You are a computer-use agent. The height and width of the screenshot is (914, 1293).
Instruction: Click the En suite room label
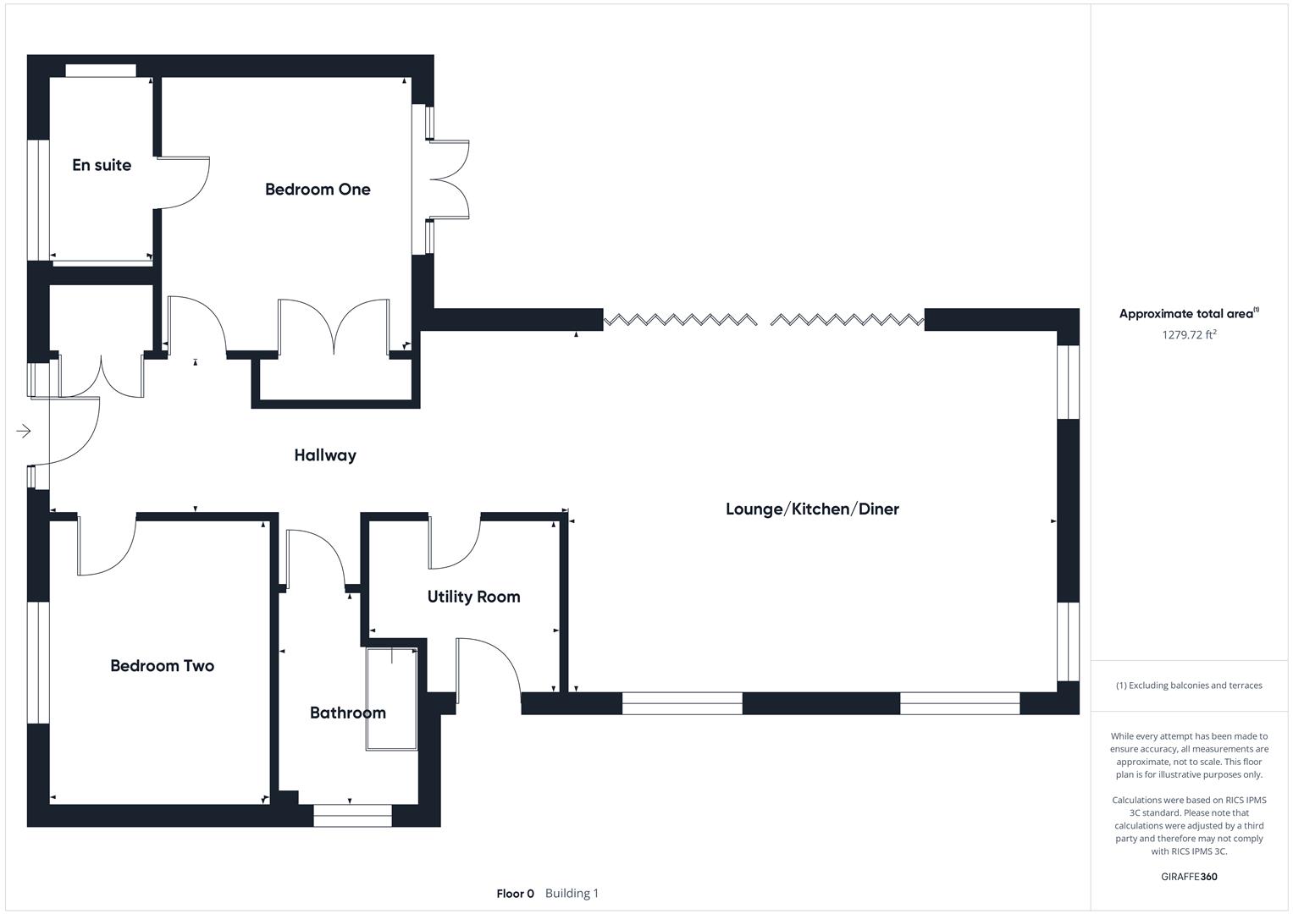coord(102,165)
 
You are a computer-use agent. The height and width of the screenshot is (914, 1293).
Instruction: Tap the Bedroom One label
coord(318,190)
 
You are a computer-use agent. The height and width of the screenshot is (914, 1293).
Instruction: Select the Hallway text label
coord(325,455)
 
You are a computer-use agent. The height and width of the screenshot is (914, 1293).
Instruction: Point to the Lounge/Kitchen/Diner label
coord(812,509)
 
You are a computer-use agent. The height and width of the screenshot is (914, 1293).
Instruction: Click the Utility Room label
coord(473,597)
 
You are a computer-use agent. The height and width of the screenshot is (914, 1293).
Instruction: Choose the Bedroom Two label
coord(162,666)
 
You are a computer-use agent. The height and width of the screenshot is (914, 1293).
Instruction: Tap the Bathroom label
coord(347,713)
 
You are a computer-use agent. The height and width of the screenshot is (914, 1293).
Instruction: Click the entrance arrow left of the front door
coord(24,432)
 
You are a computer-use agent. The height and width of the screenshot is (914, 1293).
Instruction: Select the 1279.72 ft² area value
coord(1189,334)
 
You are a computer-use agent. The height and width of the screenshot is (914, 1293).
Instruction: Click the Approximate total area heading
coord(1188,314)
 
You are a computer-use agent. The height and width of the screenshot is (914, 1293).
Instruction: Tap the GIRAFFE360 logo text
coord(1189,877)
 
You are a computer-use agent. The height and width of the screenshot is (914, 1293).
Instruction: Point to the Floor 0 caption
coord(515,894)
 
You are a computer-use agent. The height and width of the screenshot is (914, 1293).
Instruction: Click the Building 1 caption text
coord(572,894)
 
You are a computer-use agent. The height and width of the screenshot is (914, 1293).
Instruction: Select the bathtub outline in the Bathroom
coord(392,699)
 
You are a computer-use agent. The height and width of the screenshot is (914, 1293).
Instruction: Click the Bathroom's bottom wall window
coord(352,815)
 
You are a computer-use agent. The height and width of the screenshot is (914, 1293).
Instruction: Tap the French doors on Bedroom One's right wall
coord(449,179)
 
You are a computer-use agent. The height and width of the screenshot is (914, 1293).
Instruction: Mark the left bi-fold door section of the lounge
coord(679,320)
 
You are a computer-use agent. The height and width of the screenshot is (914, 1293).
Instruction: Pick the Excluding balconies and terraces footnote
coord(1189,685)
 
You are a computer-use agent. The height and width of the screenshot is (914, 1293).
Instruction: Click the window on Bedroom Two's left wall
coord(38,663)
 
